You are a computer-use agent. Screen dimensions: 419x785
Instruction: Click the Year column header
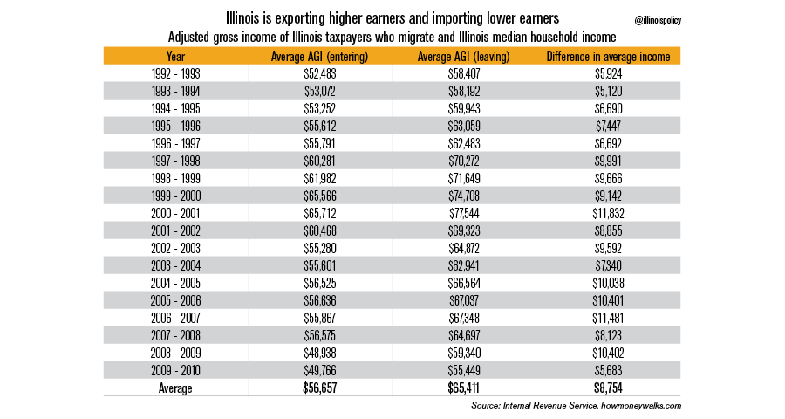pos(175,57)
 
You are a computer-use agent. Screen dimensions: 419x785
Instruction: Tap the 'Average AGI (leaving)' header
pos(463,57)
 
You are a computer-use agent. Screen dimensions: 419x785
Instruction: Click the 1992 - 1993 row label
pos(175,74)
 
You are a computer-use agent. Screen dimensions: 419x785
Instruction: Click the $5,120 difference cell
pos(608,91)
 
